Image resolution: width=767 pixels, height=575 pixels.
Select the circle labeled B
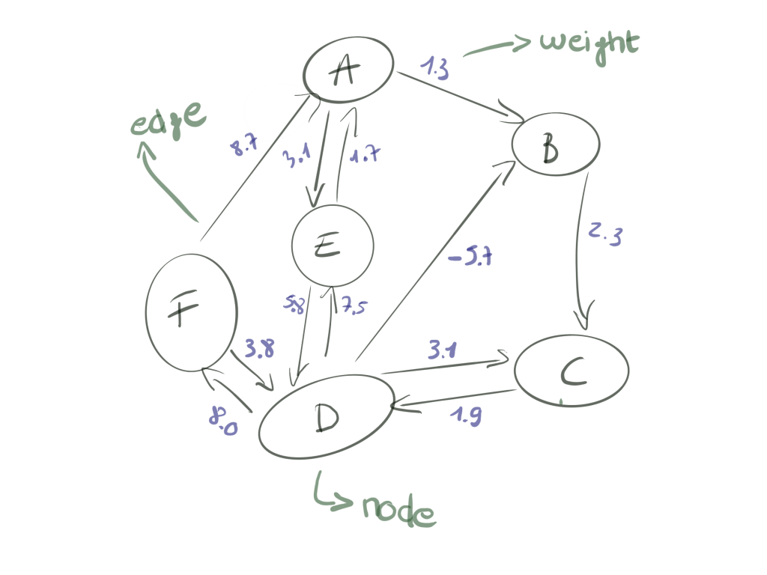[x=556, y=144]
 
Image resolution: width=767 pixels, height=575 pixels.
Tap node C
[x=572, y=371]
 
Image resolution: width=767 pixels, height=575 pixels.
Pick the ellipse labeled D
[x=327, y=416]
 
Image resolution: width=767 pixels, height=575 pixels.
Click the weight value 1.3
[x=434, y=68]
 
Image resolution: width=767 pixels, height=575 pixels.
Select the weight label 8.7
[x=244, y=147]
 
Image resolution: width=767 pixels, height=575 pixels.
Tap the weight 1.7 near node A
[x=366, y=155]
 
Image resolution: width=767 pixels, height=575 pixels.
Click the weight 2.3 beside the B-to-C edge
[x=605, y=234]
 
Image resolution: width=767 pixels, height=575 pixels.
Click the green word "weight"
[x=589, y=43]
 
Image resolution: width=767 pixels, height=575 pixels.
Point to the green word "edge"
[x=167, y=121]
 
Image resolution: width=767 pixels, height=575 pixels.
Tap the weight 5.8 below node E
[x=294, y=305]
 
